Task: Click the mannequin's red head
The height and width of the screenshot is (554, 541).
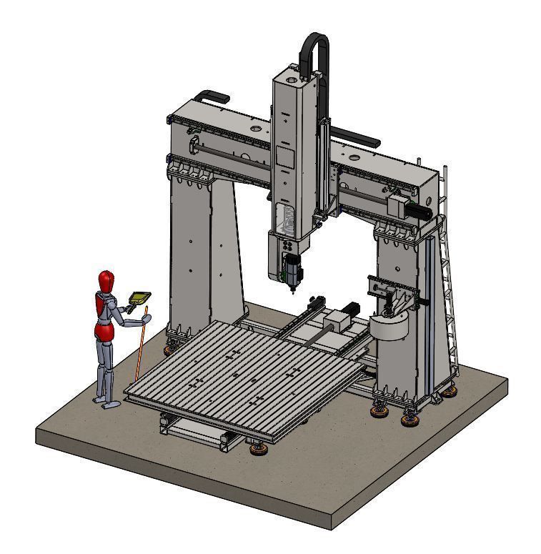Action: coord(106,280)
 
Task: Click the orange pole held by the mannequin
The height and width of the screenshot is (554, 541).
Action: coord(141,343)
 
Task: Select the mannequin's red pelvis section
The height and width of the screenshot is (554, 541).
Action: coord(104,331)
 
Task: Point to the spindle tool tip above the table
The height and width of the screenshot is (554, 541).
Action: coord(292,292)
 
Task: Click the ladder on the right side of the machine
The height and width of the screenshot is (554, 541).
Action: coord(448,272)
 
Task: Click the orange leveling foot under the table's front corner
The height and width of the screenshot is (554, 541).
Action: coord(258,449)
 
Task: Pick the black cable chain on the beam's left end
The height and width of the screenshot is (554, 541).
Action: coord(212,95)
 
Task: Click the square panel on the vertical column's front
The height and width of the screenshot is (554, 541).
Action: coord(285,159)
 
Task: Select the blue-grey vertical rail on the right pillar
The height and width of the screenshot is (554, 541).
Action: coord(430,315)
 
